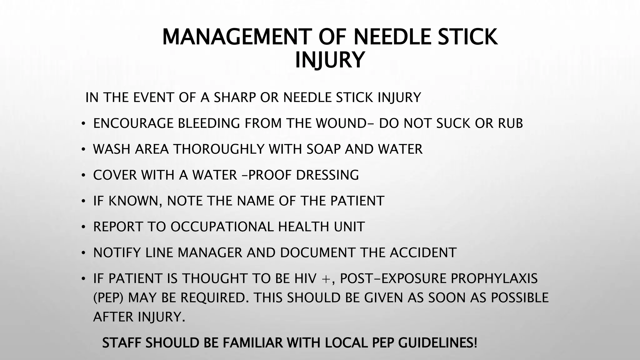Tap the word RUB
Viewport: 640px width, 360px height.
click(x=510, y=123)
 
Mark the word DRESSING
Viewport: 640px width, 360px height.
click(x=327, y=175)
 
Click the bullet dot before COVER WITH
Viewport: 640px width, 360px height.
click(x=83, y=175)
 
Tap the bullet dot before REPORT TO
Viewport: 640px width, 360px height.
click(x=83, y=227)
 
